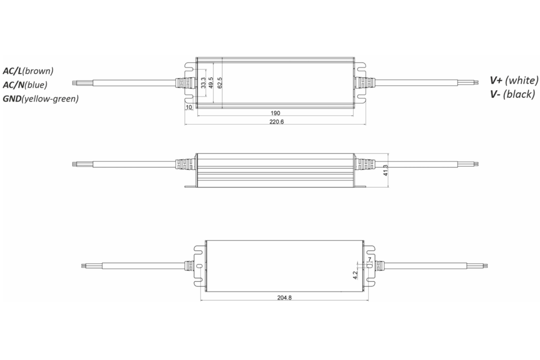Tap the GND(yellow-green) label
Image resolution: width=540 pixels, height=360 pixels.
(40, 98)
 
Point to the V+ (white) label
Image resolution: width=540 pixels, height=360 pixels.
(514, 80)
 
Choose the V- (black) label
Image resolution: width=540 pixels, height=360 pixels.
(511, 94)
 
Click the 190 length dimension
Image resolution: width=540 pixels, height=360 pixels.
(275, 113)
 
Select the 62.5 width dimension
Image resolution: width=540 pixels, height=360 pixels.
(220, 83)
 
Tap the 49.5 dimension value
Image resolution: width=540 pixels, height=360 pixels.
(211, 83)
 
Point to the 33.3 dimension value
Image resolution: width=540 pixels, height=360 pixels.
(203, 83)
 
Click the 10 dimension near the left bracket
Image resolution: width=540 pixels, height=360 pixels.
(189, 107)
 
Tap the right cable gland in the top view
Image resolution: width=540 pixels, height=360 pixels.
(362, 83)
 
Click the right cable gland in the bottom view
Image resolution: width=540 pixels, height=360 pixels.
(380, 266)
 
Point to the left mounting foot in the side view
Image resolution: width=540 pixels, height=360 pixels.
(190, 187)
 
